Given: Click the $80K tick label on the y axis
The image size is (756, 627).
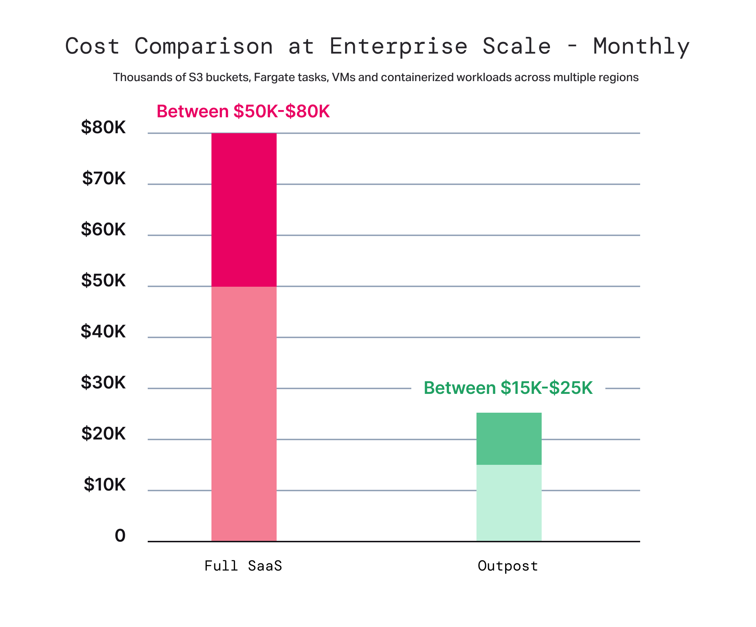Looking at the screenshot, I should tap(103, 127).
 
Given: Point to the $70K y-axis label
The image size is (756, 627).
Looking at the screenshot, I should tap(104, 178).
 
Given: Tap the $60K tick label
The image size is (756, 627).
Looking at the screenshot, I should tap(103, 230).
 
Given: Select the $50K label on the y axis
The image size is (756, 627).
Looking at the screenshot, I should tap(103, 281).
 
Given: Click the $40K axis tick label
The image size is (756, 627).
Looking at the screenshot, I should tap(103, 332).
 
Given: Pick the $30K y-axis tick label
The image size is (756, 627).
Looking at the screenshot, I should tap(103, 383).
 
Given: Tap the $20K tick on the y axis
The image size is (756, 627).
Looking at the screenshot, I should tap(103, 434).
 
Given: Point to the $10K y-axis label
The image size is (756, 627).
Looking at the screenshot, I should tap(105, 485).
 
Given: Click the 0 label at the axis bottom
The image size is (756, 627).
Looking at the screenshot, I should tap(120, 536).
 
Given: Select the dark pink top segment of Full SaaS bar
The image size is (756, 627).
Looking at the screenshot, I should tap(244, 210).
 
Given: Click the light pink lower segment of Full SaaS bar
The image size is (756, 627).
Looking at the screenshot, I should tap(244, 413).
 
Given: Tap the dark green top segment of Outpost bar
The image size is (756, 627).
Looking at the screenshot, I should tap(509, 438).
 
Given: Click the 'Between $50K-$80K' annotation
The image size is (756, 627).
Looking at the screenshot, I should tap(243, 111).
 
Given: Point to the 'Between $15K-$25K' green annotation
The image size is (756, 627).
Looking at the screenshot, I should tap(508, 388).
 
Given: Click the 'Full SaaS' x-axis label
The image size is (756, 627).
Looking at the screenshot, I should tap(243, 566).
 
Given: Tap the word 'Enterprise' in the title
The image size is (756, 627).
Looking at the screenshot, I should tap(399, 47).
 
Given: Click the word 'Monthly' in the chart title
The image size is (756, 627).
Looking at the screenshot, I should tap(641, 47).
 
